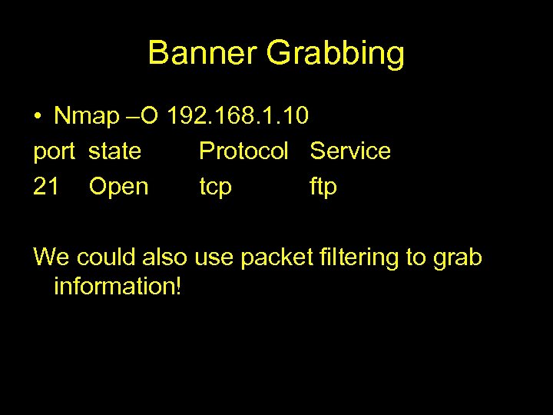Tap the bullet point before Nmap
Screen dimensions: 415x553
38,117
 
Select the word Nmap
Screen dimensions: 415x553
87,116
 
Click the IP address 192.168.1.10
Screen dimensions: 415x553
238,116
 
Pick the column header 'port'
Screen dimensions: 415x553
55,152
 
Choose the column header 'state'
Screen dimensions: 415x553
114,151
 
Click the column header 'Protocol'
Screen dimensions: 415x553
243,151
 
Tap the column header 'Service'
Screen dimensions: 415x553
350,151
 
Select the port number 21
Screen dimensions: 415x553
46,186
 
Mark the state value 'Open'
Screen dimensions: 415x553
118,187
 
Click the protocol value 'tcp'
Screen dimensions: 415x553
216,187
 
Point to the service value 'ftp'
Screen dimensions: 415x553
323,187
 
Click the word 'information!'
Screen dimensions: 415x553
118,287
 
